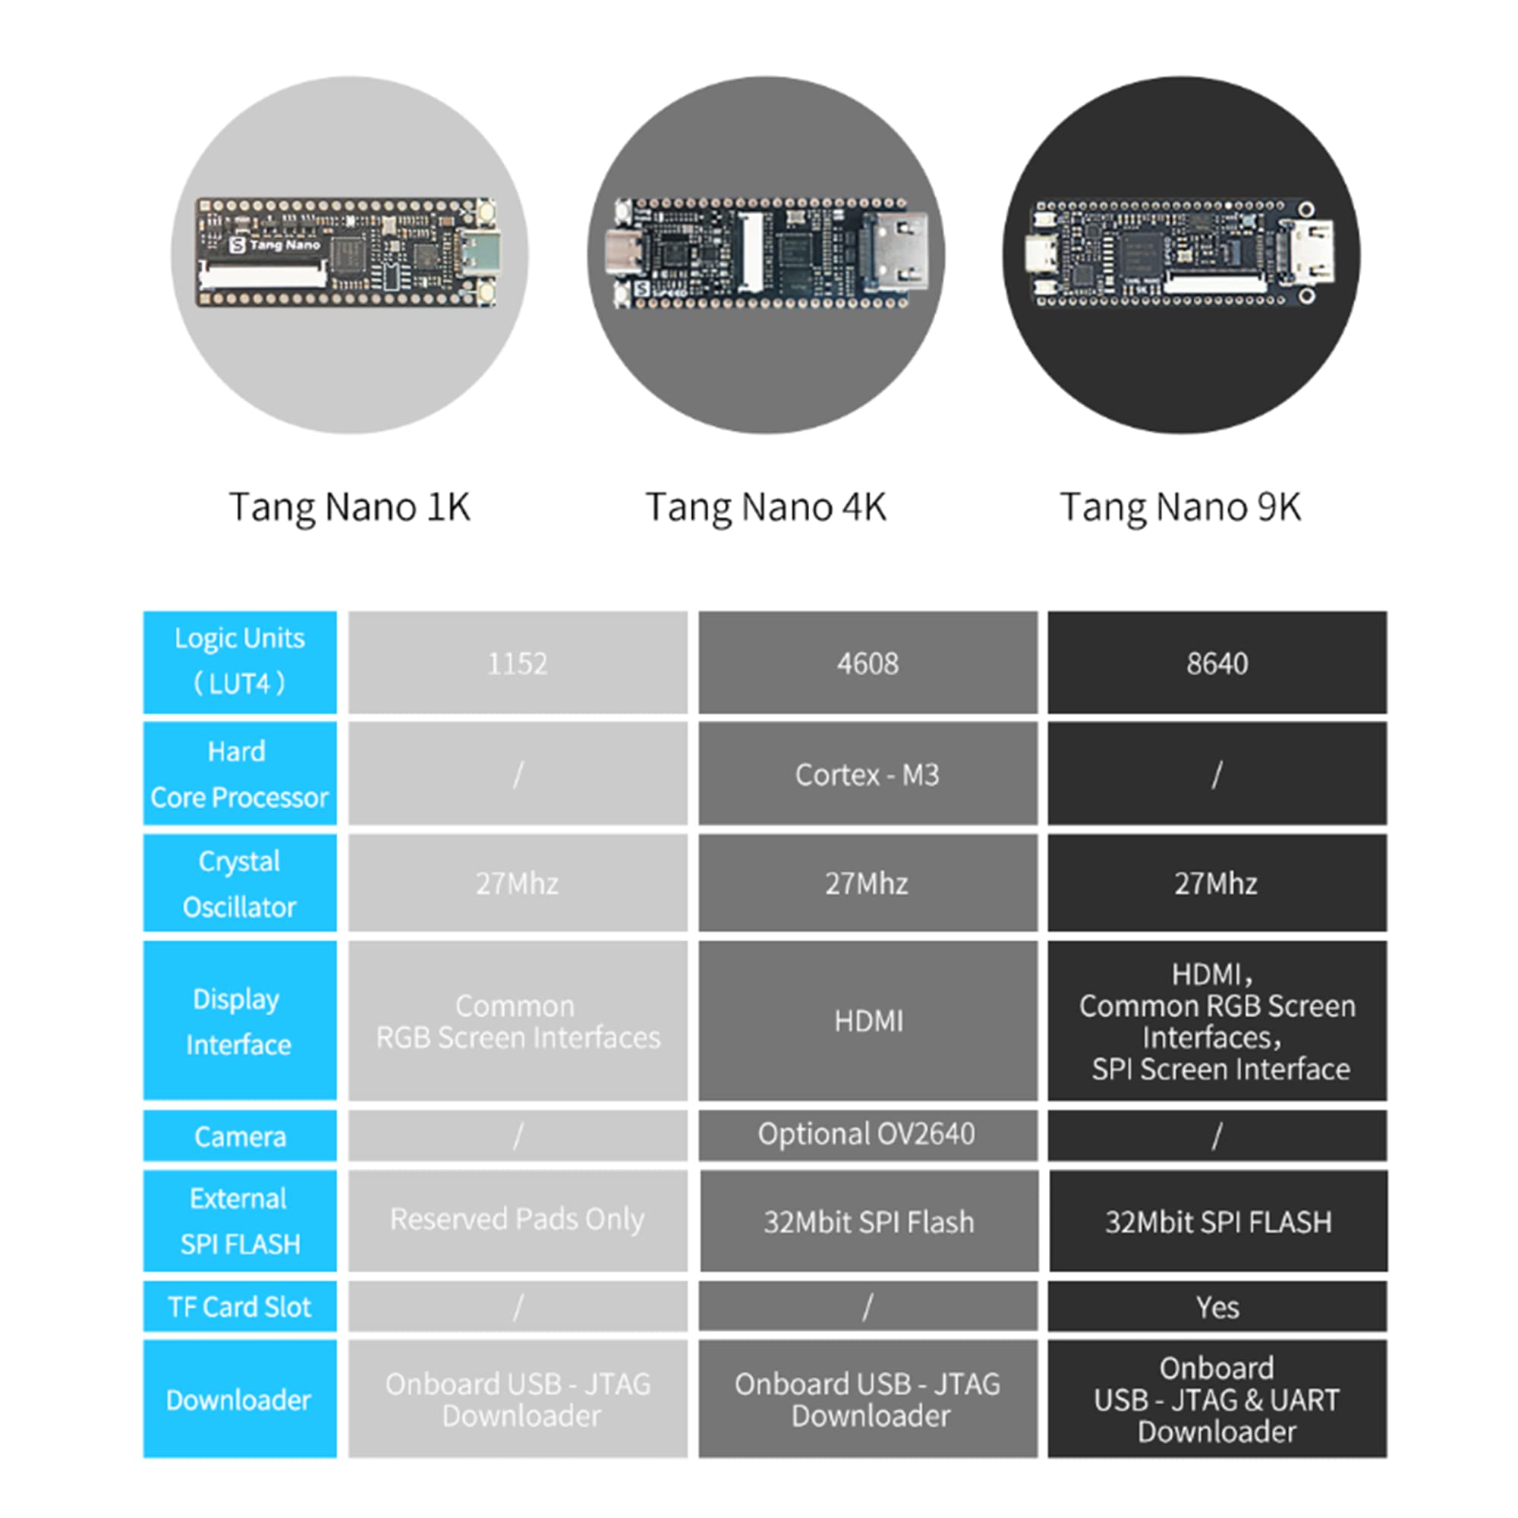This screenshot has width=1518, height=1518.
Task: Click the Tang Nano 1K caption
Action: pos(349,507)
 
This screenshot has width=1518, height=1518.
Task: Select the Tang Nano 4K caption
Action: pos(765,507)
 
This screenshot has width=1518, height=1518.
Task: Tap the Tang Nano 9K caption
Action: pos(1180,507)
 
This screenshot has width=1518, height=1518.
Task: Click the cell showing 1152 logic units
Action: pos(517,663)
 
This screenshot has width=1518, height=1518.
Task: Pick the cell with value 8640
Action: pos(1216,663)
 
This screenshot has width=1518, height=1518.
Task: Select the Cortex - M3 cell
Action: pos(867,775)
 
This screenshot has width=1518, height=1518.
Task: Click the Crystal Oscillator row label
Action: pos(240,883)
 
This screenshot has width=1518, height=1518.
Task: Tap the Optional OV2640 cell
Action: pos(867,1134)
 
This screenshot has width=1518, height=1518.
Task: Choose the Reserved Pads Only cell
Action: pos(517,1220)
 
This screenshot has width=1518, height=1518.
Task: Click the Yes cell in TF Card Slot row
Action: pos(1216,1308)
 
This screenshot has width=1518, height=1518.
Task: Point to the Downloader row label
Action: pos(240,1400)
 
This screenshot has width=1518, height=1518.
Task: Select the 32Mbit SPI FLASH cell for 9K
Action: pos(1218,1222)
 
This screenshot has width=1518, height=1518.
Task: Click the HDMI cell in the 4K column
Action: pos(868,1021)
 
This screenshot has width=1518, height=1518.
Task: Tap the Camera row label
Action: pos(240,1136)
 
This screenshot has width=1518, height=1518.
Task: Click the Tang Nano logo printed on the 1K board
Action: pos(275,245)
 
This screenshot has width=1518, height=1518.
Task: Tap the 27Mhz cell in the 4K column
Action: pos(867,883)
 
